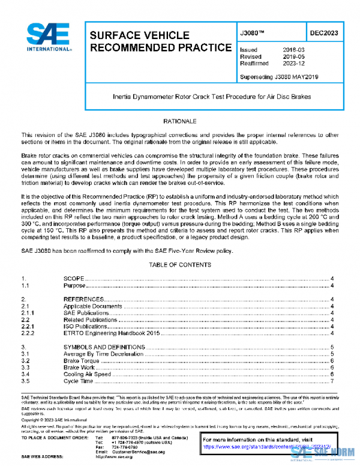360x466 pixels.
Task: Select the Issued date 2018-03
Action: pos(293,50)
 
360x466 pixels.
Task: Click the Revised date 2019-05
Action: pos(293,56)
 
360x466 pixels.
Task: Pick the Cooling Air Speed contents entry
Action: pos(87,374)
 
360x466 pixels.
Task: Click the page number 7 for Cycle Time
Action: pos(332,381)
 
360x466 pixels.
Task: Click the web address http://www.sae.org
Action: pos(125,457)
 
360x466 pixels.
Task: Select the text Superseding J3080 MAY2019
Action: pos(279,77)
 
